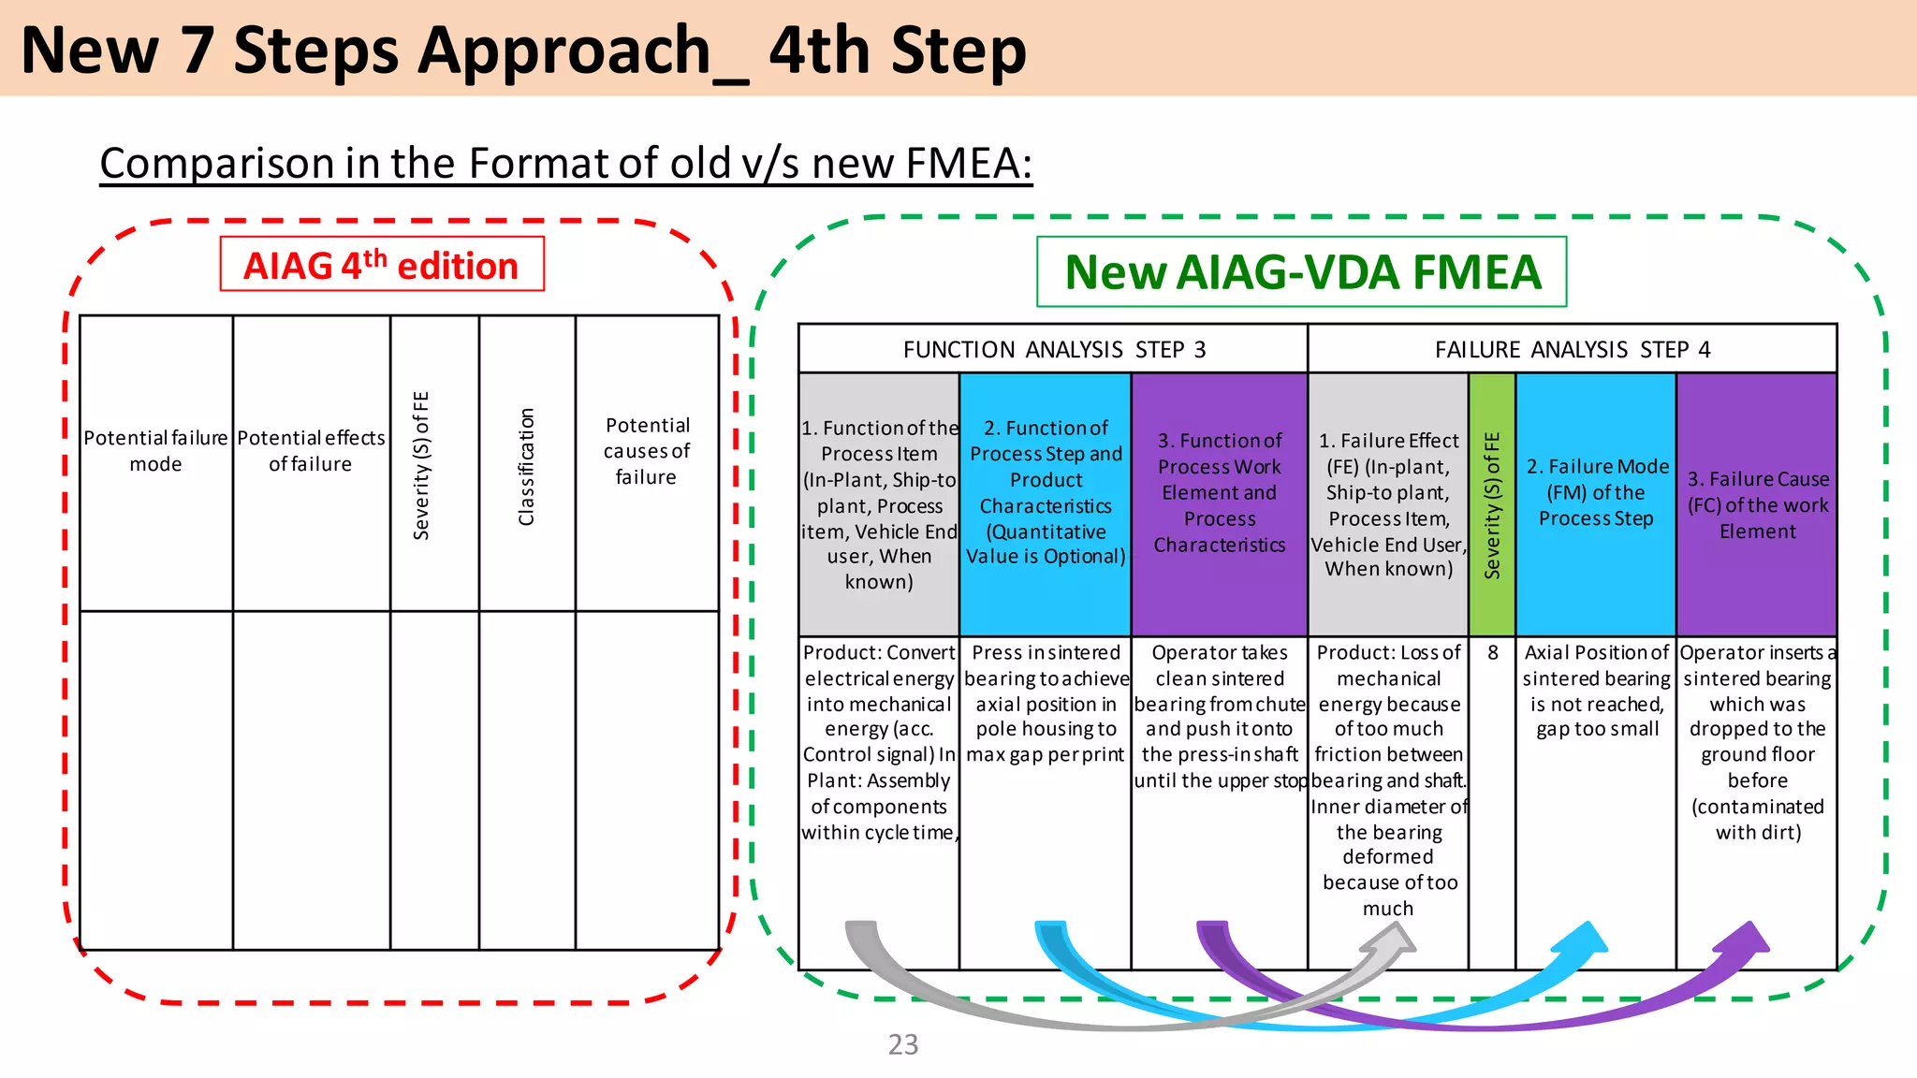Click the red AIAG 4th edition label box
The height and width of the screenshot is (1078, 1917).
[382, 265]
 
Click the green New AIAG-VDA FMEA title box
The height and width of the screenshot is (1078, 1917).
[1301, 272]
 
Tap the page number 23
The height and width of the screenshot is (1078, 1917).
[902, 1044]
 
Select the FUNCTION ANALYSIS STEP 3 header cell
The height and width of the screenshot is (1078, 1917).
[1053, 349]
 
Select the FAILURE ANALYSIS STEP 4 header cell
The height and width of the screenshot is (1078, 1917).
[1572, 349]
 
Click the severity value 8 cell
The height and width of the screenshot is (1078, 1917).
[1492, 653]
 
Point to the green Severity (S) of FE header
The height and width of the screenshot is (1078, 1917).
[1492, 504]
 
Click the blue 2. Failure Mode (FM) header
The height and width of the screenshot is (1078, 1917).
[1596, 492]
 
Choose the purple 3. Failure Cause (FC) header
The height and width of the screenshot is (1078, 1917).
[1757, 504]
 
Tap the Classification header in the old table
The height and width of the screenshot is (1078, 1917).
[527, 465]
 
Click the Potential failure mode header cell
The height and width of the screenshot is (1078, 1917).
[156, 451]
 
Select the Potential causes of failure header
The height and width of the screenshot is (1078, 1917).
[647, 451]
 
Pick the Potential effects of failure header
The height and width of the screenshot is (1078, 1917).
[311, 451]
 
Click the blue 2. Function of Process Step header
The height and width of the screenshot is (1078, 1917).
[1046, 492]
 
